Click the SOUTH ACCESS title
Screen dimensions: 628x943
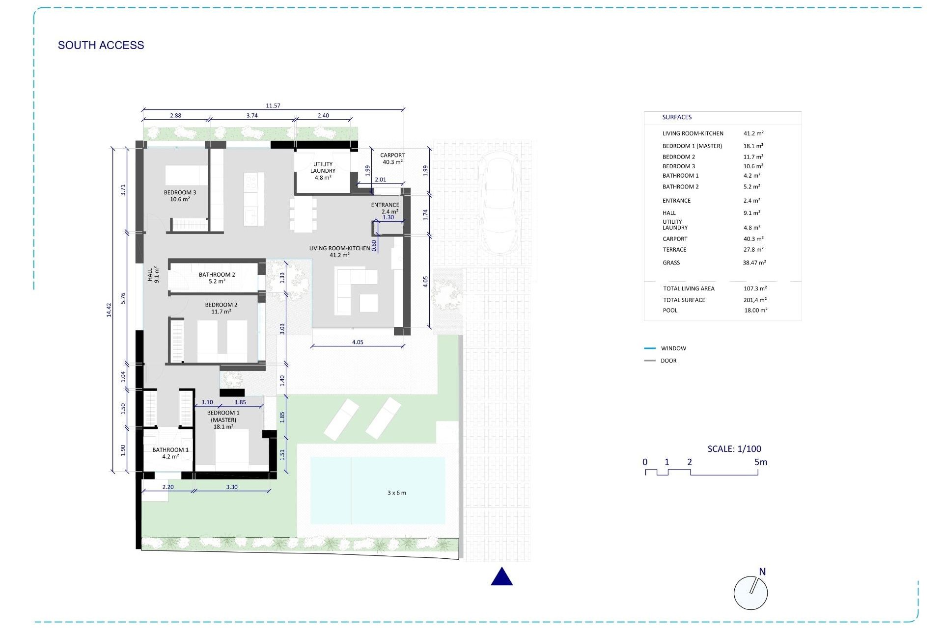pyautogui.click(x=101, y=45)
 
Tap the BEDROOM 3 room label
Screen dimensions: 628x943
pyautogui.click(x=180, y=196)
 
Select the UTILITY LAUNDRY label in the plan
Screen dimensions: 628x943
pyautogui.click(x=323, y=171)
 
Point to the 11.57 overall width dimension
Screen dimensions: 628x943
pyautogui.click(x=273, y=105)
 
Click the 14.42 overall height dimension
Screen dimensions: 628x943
pyautogui.click(x=109, y=310)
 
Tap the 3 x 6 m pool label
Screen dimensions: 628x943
pyautogui.click(x=396, y=493)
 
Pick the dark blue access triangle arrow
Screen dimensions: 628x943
pyautogui.click(x=501, y=577)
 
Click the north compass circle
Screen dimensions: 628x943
pyautogui.click(x=750, y=593)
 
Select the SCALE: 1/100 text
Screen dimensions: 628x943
pyautogui.click(x=734, y=448)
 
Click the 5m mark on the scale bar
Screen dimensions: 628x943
pyautogui.click(x=760, y=462)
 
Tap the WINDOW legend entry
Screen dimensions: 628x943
pyautogui.click(x=673, y=348)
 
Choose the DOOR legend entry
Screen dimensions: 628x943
pyautogui.click(x=668, y=361)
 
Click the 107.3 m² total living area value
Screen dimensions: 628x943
pyautogui.click(x=755, y=288)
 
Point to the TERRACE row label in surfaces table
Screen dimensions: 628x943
pyautogui.click(x=674, y=250)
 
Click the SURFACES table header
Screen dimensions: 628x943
pyautogui.click(x=676, y=117)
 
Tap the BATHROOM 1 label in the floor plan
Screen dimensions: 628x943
pyautogui.click(x=170, y=453)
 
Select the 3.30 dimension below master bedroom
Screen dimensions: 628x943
pyautogui.click(x=232, y=487)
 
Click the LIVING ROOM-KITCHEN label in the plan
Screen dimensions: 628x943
pyautogui.click(x=339, y=251)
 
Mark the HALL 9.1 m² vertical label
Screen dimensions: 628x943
pyautogui.click(x=153, y=274)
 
